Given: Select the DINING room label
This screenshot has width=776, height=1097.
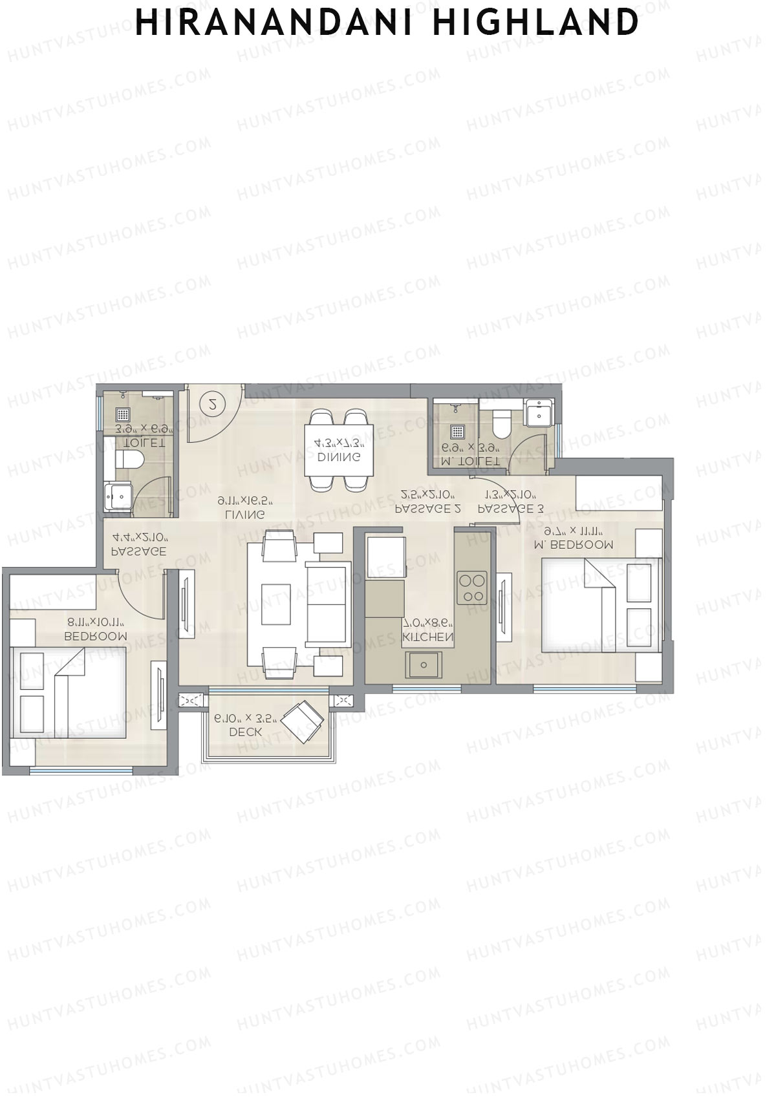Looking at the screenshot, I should (339, 457).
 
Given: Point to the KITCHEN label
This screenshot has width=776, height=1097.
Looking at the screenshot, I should (427, 637).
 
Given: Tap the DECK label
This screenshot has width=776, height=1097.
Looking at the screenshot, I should (245, 732).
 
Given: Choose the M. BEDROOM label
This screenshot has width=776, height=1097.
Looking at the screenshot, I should (574, 544).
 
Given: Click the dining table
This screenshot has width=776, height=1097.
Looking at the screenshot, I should (339, 451).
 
